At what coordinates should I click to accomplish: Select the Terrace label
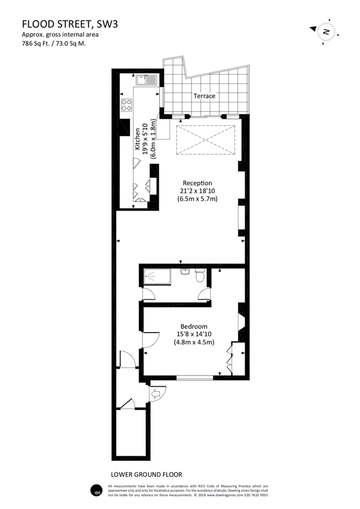pos(204,96)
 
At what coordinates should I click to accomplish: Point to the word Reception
pos(197,183)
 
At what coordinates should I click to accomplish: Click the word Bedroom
pos(194,326)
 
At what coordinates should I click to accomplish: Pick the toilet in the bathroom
pos(199,277)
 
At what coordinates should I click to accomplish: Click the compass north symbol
pos(326,32)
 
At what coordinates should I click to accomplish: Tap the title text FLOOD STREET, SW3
pos(70,24)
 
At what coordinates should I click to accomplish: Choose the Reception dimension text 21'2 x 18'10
pos(197,191)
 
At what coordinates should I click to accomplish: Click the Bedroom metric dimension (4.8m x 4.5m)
pos(194,342)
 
